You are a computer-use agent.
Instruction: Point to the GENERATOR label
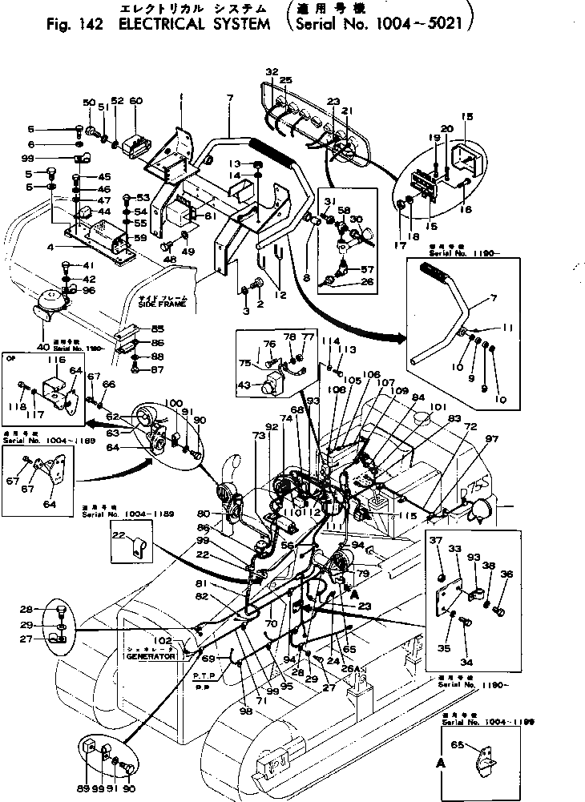[150, 655]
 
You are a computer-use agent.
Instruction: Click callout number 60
[135, 101]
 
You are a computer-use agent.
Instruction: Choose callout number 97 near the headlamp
[491, 438]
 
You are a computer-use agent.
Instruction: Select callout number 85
[157, 328]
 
